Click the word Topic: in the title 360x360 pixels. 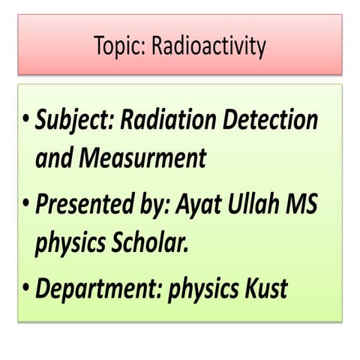(119, 47)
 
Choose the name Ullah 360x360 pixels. (254, 204)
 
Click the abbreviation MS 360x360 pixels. (304, 204)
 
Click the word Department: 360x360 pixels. (97, 288)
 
